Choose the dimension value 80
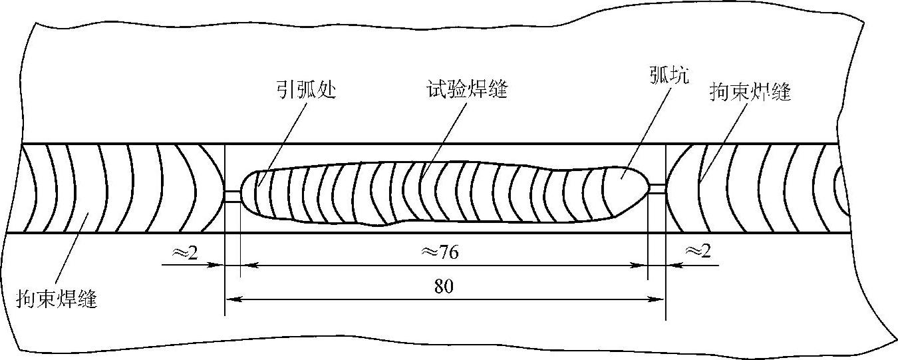pos(444,286)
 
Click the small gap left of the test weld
pos(232,195)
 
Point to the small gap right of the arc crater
pos(657,188)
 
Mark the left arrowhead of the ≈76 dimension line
pos(244,265)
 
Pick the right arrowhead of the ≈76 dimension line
pos(643,265)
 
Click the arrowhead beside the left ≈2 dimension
pos(218,265)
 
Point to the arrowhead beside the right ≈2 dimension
pos(671,265)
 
